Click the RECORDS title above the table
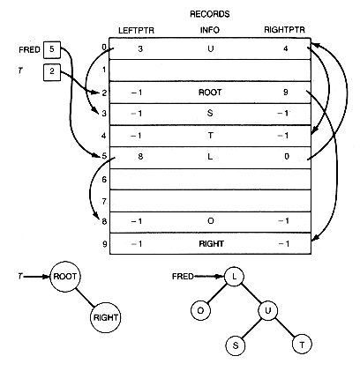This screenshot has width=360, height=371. coord(210,14)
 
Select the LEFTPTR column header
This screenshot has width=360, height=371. coord(136,31)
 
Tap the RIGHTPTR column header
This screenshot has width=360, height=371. coord(284,30)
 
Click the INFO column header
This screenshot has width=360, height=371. coord(210,30)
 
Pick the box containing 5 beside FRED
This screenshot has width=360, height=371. coord(52,50)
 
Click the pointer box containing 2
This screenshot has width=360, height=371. coord(52,72)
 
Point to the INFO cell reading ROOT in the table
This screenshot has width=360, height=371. coord(210,93)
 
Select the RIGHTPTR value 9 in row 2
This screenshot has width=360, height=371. coord(286,93)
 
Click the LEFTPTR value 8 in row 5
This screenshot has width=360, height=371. coord(140,157)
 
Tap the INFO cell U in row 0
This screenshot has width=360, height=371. coord(210,48)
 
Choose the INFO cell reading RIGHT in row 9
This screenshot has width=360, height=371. coord(211,244)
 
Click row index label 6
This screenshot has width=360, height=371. coord(104,180)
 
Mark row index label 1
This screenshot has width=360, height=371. coord(104,70)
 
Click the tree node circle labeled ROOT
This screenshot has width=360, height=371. coord(65,277)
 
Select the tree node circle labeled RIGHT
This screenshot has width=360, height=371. coord(106,317)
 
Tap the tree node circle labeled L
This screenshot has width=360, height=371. coord(234,277)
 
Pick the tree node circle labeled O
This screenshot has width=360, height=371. coord(200,310)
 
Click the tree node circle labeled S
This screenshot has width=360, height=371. coord(236,345)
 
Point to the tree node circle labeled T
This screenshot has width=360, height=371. coord(302,345)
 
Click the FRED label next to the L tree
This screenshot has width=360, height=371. coord(183,277)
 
